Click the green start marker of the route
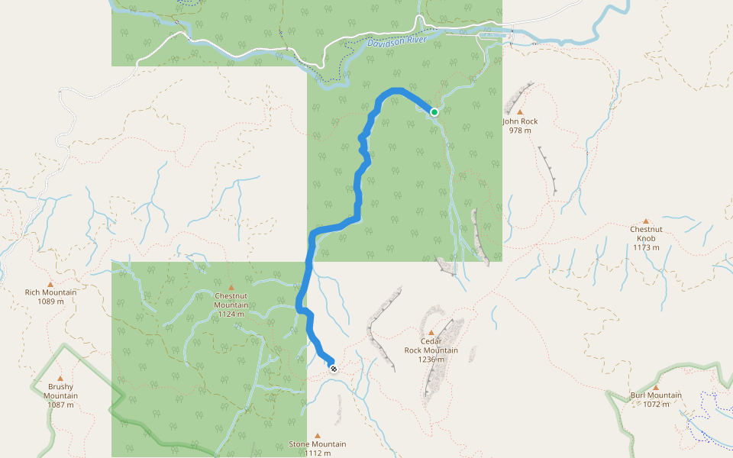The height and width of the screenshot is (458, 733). (434, 112)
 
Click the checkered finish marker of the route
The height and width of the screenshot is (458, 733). (333, 368)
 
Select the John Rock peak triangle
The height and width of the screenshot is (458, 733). (520, 112)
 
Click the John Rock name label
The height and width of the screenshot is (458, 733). (520, 121)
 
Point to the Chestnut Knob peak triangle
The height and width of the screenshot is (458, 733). (646, 220)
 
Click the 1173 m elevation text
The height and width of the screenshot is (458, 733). (646, 247)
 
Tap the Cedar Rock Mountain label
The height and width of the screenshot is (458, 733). (431, 346)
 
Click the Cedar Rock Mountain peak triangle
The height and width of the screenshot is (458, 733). (431, 332)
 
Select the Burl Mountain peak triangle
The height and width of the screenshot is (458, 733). (655, 387)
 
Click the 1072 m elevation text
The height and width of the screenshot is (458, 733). (655, 405)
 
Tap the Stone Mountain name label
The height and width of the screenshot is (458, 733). (317, 443)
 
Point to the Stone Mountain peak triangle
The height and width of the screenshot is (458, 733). (317, 435)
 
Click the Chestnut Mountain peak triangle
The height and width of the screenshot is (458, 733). (231, 287)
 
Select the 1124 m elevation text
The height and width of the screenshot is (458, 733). (231, 314)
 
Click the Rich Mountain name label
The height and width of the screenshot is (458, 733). (50, 292)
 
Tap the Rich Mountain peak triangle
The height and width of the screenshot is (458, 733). (50, 283)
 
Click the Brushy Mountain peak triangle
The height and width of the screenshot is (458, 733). (60, 377)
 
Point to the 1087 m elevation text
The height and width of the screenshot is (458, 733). (60, 405)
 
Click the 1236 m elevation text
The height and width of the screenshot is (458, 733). (431, 360)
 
